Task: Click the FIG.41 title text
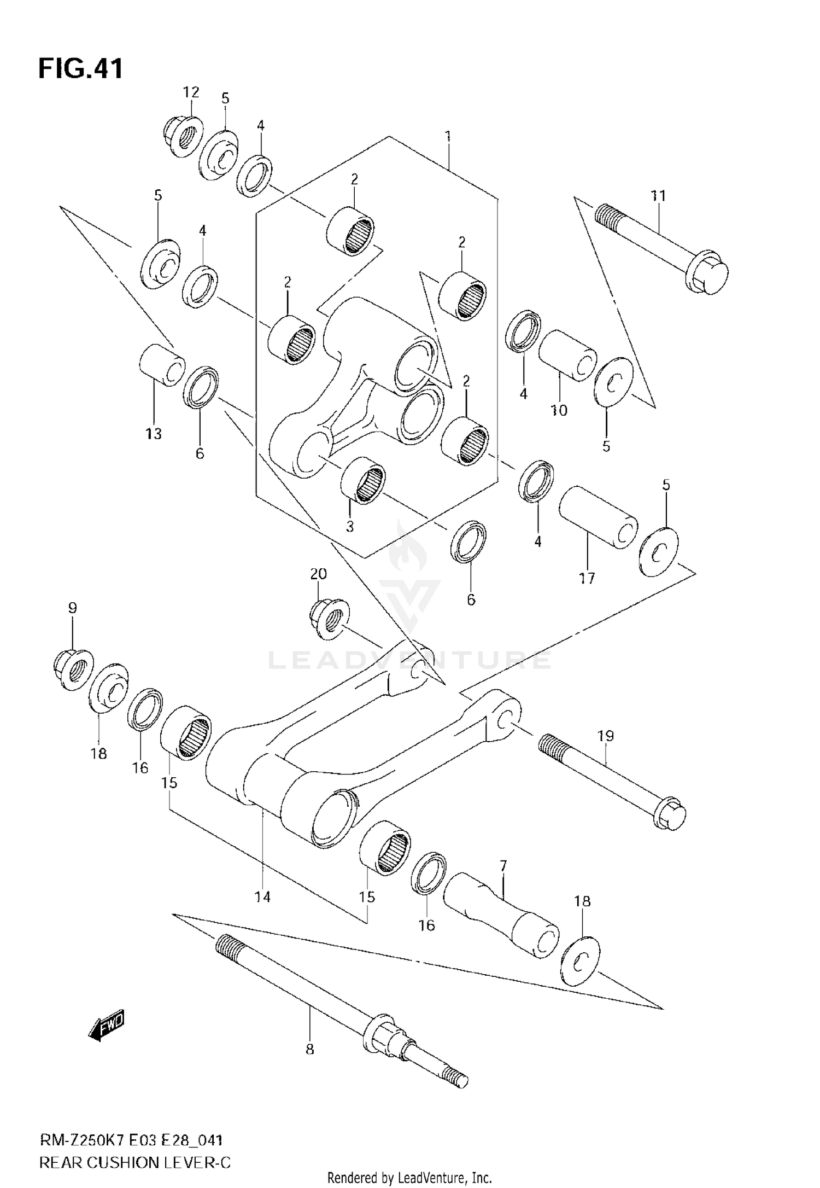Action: coord(80,69)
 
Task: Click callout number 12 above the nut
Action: coord(191,92)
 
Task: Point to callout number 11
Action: coord(658,195)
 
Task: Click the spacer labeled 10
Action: coord(567,355)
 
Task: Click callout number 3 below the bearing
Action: coord(349,526)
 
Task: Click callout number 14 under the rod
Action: coord(262,897)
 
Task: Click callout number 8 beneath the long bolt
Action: coord(309,1049)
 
